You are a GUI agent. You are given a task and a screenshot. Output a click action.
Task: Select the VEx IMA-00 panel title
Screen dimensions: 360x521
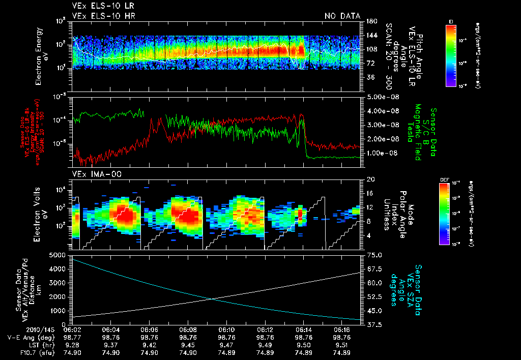(93, 174)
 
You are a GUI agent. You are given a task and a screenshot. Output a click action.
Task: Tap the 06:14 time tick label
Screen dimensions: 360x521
(304, 329)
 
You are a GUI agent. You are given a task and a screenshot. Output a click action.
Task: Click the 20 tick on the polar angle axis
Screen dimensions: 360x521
(369, 179)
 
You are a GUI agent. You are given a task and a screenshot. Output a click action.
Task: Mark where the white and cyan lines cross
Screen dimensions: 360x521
(212, 299)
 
